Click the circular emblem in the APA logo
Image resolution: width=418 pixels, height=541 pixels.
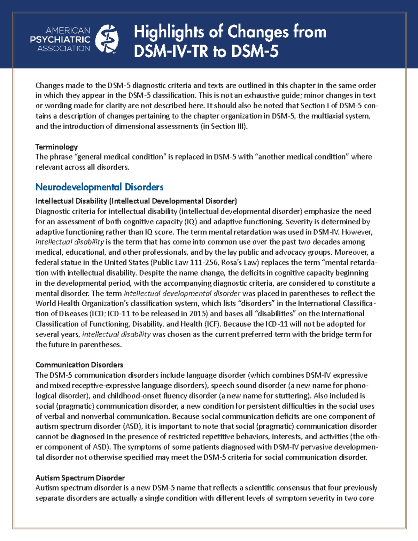(x=107, y=39)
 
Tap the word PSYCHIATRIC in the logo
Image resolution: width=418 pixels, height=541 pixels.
(x=60, y=40)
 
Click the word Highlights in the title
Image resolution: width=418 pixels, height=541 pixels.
(x=169, y=32)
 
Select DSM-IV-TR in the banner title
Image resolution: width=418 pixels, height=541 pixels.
(x=171, y=52)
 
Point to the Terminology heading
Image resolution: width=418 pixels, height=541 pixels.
(x=56, y=147)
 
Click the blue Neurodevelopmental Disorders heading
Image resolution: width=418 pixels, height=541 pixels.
(x=99, y=187)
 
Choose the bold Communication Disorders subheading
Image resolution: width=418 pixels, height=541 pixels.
(x=79, y=365)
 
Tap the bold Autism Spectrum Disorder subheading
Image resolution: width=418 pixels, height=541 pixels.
(x=80, y=478)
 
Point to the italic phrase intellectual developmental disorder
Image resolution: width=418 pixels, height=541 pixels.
(x=182, y=293)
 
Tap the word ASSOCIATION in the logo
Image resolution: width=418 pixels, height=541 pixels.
(x=64, y=49)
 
